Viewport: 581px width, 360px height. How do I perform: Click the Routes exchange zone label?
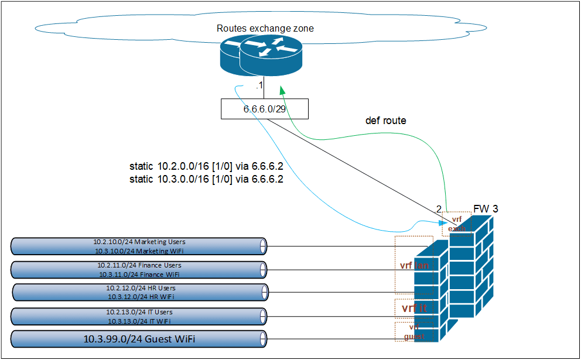(x=266, y=28)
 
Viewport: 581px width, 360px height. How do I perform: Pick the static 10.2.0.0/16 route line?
(x=206, y=166)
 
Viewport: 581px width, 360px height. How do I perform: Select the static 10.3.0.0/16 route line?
(x=206, y=179)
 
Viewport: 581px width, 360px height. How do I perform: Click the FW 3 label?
(x=486, y=208)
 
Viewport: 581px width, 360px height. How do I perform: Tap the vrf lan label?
(x=415, y=265)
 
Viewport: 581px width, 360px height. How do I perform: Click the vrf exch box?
(x=457, y=222)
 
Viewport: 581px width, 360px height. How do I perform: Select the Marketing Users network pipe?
(x=139, y=246)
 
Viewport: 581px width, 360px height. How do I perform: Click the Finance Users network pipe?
(x=139, y=269)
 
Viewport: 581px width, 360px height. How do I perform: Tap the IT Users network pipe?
(x=139, y=317)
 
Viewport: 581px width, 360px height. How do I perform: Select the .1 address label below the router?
(x=259, y=87)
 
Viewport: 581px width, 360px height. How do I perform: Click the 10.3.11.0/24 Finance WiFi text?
(x=139, y=274)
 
